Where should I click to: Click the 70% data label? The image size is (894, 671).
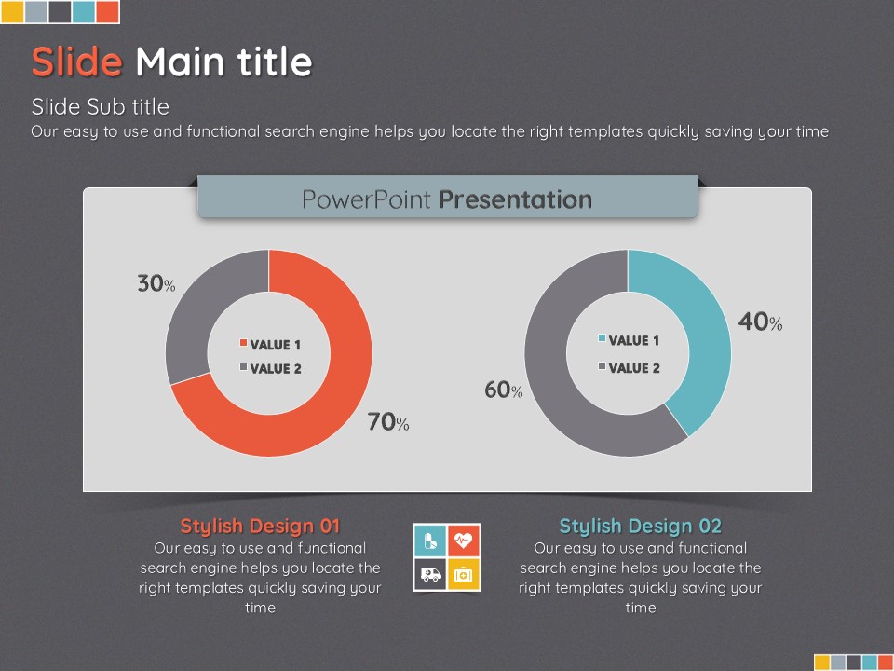388,421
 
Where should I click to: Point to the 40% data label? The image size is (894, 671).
761,322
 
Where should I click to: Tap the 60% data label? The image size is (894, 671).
504,390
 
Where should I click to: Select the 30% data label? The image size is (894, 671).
156,283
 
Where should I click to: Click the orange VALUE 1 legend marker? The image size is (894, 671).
243,343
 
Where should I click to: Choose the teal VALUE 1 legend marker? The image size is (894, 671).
603,338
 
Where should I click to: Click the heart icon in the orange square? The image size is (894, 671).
464,540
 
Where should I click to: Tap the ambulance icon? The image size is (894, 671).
430,574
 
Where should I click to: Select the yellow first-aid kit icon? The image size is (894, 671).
464,575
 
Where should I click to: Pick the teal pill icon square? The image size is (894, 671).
430,541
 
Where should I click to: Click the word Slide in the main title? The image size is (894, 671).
77,62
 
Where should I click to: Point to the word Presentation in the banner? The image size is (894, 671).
515,199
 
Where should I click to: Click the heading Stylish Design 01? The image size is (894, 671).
260,526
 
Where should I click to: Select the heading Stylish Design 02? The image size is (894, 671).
641,526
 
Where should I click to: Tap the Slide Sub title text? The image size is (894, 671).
101,106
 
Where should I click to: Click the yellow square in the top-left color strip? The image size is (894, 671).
12,12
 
